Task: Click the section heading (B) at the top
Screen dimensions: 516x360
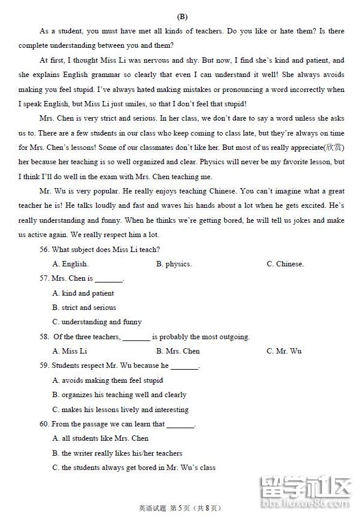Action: click(182, 17)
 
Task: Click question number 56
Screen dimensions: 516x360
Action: click(44, 250)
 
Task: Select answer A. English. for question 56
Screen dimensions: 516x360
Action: click(70, 264)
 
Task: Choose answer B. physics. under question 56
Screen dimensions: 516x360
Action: click(174, 264)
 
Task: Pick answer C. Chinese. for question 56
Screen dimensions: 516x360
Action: click(285, 264)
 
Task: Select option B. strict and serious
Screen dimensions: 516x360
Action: click(84, 308)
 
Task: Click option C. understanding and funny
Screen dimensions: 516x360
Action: click(97, 322)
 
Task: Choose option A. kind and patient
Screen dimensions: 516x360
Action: click(83, 293)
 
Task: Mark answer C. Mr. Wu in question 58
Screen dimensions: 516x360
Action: click(284, 351)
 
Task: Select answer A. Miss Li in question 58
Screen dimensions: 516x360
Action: click(69, 351)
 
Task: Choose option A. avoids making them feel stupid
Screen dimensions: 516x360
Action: click(107, 380)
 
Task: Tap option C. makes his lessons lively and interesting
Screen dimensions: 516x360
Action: click(120, 410)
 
